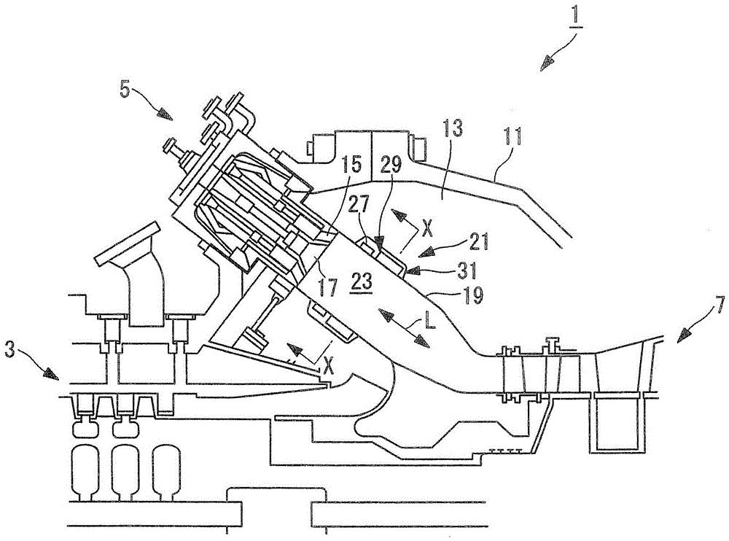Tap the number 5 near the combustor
tap(125, 89)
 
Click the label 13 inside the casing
tap(450, 128)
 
